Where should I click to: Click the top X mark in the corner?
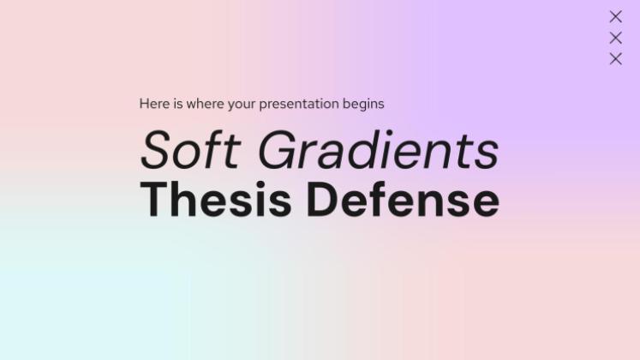click(615, 16)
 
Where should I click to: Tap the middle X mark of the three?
click(615, 38)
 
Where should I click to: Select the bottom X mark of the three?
click(615, 58)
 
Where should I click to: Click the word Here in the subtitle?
click(154, 104)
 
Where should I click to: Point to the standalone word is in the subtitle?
click(178, 104)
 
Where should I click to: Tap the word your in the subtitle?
click(242, 105)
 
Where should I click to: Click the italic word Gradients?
click(379, 151)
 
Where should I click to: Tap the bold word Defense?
click(403, 199)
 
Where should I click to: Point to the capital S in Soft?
click(157, 151)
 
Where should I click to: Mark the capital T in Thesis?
click(155, 199)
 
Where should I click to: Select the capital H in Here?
click(144, 104)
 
